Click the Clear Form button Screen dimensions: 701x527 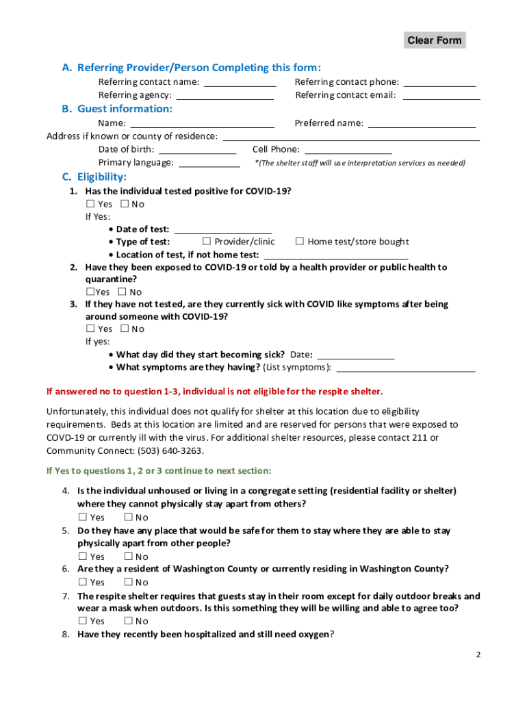click(x=434, y=40)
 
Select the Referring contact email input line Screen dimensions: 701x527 click(x=441, y=95)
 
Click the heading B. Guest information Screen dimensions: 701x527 click(x=117, y=109)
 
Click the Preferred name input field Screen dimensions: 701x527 click(x=422, y=123)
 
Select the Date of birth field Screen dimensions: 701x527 click(x=197, y=149)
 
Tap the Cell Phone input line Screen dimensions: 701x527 click(x=348, y=149)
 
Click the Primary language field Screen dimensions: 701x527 click(x=209, y=163)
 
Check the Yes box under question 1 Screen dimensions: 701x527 click(x=90, y=204)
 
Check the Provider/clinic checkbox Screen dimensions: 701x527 click(x=207, y=242)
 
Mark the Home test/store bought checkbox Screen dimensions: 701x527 click(x=300, y=242)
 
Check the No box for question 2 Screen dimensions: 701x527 click(x=123, y=292)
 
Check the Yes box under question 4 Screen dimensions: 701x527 click(x=83, y=518)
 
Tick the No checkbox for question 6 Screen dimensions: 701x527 click(x=128, y=583)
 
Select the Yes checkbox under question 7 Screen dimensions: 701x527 click(x=83, y=621)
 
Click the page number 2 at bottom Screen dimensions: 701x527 click(x=479, y=654)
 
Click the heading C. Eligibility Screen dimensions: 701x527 click(x=94, y=177)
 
